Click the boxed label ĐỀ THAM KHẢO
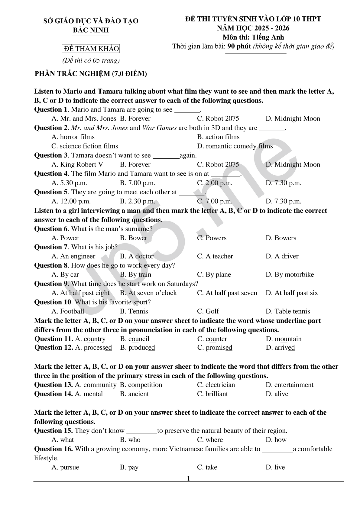[x=91, y=49]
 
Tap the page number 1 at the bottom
[x=189, y=478]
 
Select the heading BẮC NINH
[x=91, y=30]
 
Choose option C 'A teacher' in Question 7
[x=215, y=256]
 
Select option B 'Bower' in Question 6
[x=133, y=238]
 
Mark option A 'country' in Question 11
[x=90, y=339]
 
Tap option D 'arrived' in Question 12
[x=280, y=348]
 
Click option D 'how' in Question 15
[x=276, y=440]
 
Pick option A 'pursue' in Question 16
[x=65, y=467]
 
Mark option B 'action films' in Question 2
[x=218, y=137]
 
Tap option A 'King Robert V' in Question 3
[x=77, y=164]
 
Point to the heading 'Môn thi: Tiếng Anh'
[x=253, y=37]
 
